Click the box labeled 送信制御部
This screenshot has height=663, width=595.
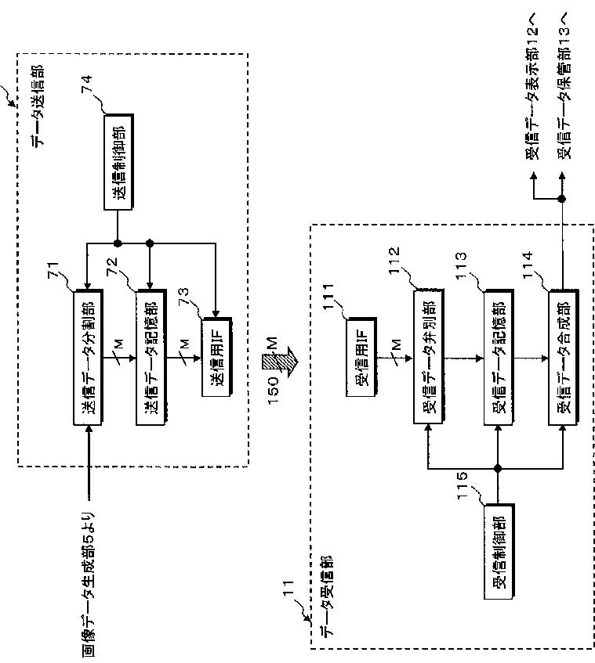(118, 162)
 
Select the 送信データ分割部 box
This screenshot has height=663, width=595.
(88, 357)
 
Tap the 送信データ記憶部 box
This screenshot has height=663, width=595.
(151, 357)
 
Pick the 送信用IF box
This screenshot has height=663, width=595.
(216, 357)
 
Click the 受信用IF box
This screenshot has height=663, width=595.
(361, 357)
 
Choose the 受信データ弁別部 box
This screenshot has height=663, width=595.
(429, 356)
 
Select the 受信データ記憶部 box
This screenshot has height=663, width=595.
(499, 357)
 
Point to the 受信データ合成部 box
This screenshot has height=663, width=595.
(563, 357)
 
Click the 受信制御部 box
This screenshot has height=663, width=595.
(499, 551)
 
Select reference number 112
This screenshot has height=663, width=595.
(394, 261)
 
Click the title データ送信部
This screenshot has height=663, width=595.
(38, 106)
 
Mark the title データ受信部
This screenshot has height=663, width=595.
(327, 596)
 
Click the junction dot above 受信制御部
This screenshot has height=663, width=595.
(498, 468)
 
